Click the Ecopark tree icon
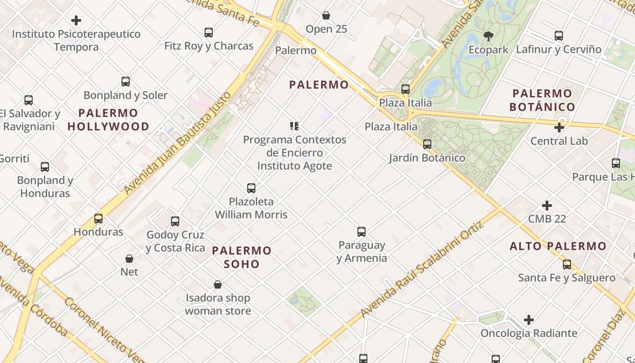[488, 36]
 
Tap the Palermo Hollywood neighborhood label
[108, 120]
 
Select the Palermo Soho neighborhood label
[242, 257]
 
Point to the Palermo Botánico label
[542, 100]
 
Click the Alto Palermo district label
[558, 246]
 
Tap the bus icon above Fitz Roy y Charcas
[209, 33]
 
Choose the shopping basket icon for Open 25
[326, 16]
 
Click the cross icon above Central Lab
[559, 128]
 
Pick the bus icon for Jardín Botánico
[427, 144]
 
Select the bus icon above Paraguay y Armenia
[361, 232]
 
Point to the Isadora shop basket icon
[218, 285]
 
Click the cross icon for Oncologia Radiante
[529, 320]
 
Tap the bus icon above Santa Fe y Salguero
[567, 265]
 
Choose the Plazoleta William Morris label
[251, 208]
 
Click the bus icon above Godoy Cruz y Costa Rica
[175, 221]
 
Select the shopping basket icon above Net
[129, 259]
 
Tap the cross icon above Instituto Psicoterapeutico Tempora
[76, 20]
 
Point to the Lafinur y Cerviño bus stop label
[558, 49]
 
